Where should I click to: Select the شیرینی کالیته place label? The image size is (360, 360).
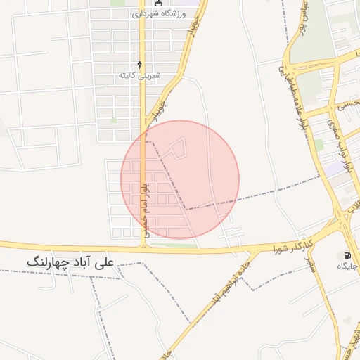(x=139, y=75)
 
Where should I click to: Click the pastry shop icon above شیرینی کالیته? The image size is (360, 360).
(x=139, y=64)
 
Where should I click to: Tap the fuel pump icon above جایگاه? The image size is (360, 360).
(x=347, y=255)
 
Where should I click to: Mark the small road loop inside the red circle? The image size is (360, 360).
(x=179, y=148)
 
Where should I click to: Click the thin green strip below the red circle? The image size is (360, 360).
(x=172, y=245)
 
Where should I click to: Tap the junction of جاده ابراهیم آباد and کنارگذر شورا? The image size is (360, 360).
(x=252, y=250)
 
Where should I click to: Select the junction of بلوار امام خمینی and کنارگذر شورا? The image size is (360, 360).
(x=143, y=247)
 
